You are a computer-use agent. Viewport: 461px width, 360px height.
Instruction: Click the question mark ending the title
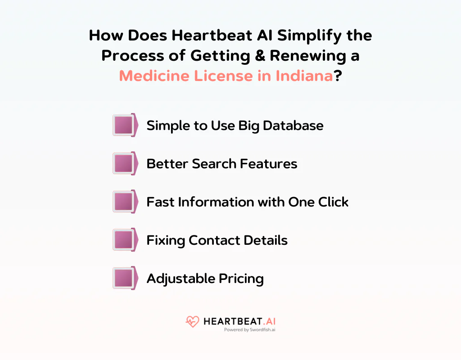pos(337,75)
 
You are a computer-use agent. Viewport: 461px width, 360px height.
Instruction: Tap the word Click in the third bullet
pos(333,202)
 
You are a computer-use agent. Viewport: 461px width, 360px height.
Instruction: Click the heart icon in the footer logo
pos(192,322)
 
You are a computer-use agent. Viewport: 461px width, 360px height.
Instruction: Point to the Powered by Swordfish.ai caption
pos(249,330)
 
